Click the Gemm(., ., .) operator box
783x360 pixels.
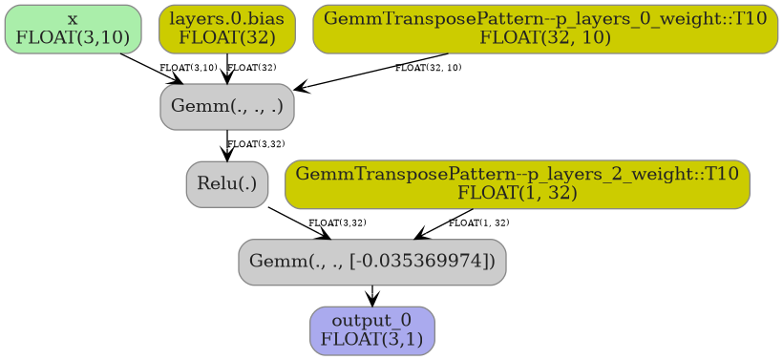(227, 106)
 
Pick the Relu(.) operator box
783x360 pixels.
(227, 183)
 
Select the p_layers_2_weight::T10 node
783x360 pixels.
(517, 183)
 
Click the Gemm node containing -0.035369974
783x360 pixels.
(371, 262)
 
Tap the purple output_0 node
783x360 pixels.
(371, 330)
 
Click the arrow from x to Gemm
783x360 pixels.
(151, 69)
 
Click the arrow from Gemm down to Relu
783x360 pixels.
(227, 145)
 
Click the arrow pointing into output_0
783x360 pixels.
(371, 296)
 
